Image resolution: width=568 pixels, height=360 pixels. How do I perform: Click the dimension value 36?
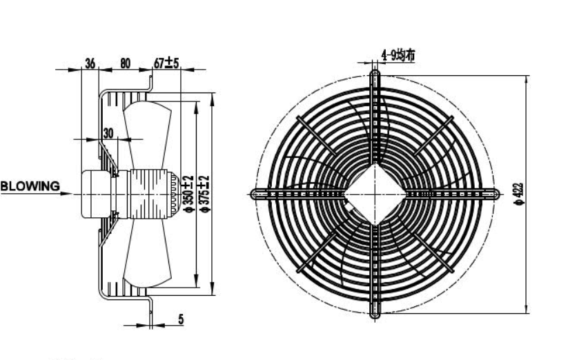tap(90, 63)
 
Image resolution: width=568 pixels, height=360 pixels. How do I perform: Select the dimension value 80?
tap(125, 63)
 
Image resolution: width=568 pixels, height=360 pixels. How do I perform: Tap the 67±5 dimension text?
tap(166, 63)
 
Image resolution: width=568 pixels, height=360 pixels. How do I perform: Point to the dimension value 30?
tap(108, 133)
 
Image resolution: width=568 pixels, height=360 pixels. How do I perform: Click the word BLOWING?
tap(30, 186)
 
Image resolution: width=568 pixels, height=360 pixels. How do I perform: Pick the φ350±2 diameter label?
tap(189, 194)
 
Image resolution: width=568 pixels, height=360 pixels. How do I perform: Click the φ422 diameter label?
tap(519, 194)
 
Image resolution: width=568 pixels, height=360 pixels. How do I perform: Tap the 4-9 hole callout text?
tap(398, 55)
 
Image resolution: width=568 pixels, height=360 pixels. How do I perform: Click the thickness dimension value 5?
tap(181, 319)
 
